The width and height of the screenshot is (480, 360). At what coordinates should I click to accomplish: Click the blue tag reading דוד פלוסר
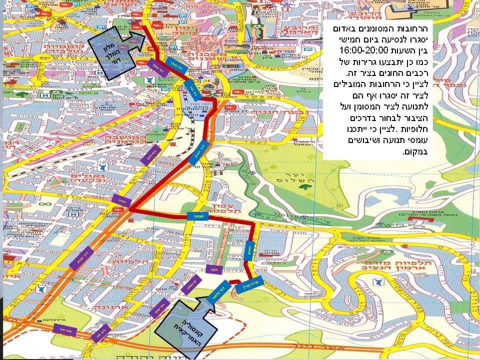[215, 292]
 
